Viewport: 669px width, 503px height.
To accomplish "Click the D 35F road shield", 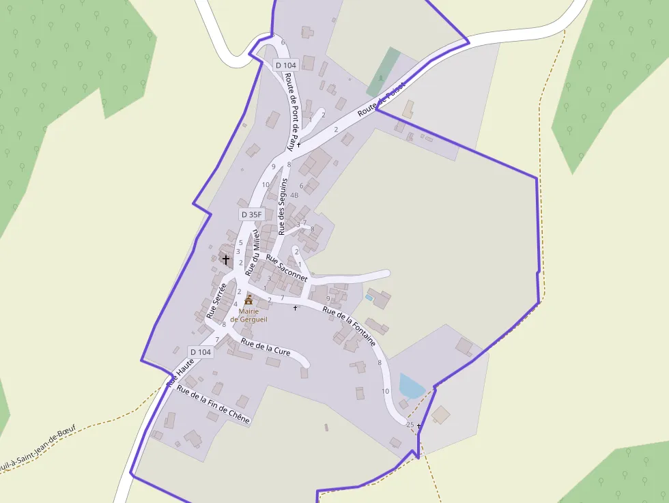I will [251, 214].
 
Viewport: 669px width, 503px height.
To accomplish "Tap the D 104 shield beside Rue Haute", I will [201, 352].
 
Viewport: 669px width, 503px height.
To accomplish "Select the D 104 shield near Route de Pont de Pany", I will [286, 65].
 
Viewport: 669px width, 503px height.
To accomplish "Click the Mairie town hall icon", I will [248, 300].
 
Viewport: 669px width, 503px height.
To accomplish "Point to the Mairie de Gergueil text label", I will [248, 315].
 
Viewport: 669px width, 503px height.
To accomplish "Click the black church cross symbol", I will [226, 259].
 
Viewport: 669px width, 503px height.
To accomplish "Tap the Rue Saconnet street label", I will [287, 268].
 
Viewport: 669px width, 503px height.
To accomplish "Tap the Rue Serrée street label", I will [216, 300].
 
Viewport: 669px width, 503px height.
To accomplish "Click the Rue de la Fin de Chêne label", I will [213, 404].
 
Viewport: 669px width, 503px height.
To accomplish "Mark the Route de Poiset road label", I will [382, 97].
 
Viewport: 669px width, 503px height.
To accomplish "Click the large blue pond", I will [411, 386].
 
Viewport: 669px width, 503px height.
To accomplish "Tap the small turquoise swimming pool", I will [369, 298].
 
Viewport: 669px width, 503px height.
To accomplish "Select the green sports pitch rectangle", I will [384, 72].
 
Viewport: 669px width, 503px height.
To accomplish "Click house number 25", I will [410, 425].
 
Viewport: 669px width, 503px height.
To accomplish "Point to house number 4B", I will [294, 195].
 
